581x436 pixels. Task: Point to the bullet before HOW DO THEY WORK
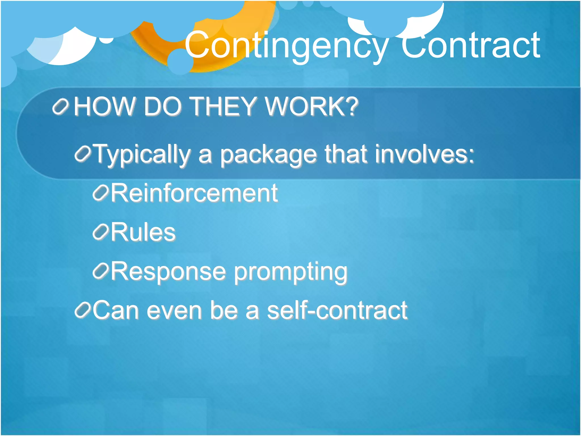(x=60, y=107)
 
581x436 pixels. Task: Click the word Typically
(x=142, y=155)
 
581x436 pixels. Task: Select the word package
(x=268, y=155)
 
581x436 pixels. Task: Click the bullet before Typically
(x=83, y=154)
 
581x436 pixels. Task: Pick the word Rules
(x=143, y=232)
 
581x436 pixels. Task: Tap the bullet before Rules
(x=100, y=232)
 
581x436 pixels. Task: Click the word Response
(x=168, y=271)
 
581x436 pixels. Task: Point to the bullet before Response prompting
(x=100, y=271)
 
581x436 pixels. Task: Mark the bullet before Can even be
(x=83, y=310)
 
